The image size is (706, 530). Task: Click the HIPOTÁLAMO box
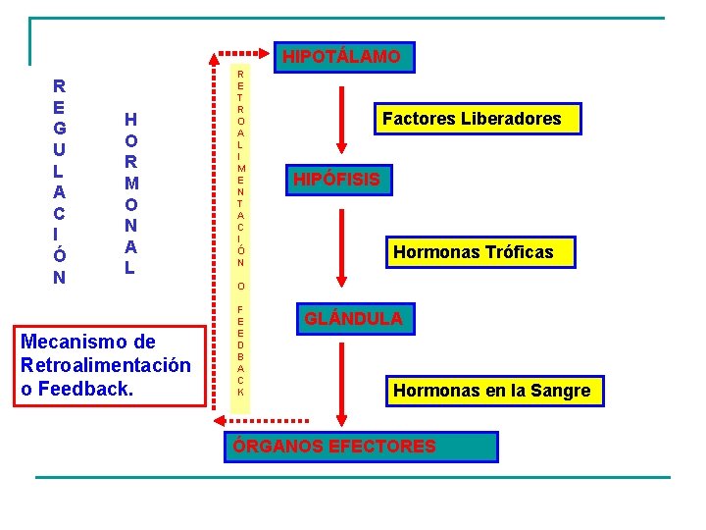[x=341, y=57]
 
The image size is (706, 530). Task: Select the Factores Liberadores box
[x=472, y=119]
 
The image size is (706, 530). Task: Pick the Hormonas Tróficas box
[x=474, y=252]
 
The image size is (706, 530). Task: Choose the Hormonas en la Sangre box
[x=491, y=391]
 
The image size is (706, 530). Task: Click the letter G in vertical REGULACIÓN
[x=60, y=129]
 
